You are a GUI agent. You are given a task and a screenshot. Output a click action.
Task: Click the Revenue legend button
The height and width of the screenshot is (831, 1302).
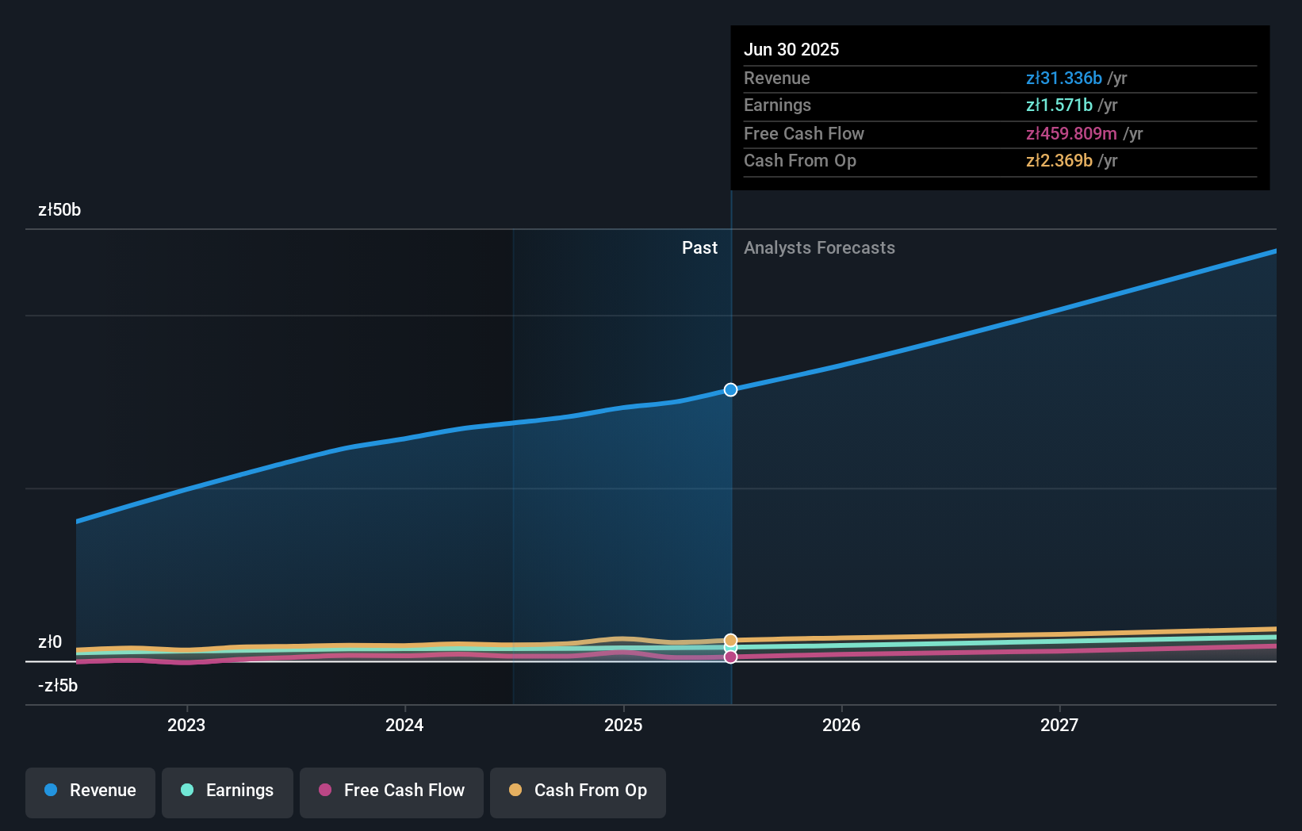(90, 791)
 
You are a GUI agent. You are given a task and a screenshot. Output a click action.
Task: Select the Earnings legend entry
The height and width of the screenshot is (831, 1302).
(228, 791)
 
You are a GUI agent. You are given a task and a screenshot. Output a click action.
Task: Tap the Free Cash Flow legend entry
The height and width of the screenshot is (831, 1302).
(392, 791)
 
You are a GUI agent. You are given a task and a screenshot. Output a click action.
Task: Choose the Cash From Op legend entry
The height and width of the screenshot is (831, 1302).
(578, 791)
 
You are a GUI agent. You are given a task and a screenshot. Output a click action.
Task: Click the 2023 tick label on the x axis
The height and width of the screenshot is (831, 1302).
(186, 725)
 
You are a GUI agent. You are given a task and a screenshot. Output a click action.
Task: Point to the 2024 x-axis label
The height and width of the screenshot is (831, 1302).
(404, 725)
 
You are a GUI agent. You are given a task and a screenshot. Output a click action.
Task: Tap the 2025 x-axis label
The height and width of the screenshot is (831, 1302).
(623, 725)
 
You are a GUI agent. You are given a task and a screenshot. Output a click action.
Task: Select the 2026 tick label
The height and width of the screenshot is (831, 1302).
(841, 725)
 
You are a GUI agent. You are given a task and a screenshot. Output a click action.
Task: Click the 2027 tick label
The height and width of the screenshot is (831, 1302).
(1059, 725)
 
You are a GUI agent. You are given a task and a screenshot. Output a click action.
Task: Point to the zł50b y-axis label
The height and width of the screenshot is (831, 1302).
(59, 210)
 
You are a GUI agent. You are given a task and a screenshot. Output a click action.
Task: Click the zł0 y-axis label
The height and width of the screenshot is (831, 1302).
(50, 641)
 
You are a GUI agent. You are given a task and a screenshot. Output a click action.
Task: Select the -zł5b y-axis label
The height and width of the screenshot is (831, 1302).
(58, 685)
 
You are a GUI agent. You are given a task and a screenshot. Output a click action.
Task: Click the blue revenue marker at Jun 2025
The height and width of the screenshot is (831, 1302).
(730, 389)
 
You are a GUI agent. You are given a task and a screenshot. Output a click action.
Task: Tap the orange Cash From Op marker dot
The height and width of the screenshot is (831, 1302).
(730, 639)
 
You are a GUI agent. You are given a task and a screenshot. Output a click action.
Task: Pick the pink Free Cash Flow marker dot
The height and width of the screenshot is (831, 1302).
(730, 657)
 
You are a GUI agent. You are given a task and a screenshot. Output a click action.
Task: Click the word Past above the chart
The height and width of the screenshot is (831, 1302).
(699, 248)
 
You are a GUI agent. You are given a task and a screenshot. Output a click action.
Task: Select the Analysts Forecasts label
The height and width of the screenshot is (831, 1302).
(819, 248)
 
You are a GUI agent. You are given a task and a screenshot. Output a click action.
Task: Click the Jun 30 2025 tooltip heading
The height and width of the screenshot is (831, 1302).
(791, 49)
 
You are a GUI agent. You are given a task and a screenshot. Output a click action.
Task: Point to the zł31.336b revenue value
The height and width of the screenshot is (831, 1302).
(1063, 78)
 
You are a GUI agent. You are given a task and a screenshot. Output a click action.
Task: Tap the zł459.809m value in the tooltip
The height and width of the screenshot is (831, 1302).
(1071, 133)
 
